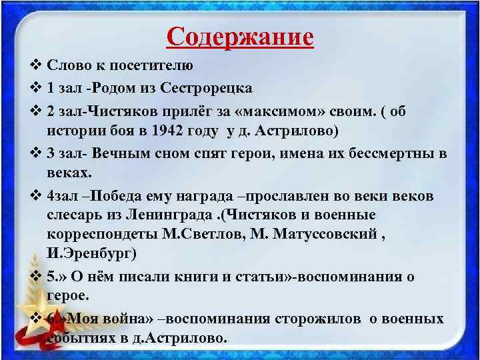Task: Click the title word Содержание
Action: coord(240,36)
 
